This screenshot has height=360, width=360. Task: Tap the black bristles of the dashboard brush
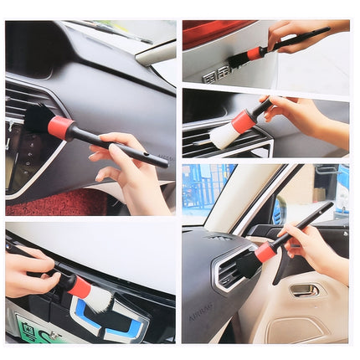tap(38, 118)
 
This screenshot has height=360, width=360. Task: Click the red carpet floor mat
tap(50, 203)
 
